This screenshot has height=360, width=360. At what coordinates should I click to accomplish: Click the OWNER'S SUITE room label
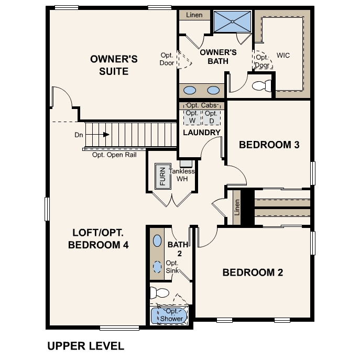[114, 65]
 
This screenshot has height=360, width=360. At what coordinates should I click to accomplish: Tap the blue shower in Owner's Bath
[232, 22]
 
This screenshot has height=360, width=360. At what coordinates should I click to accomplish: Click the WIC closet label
[283, 55]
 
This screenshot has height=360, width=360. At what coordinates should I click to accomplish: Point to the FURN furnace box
[162, 177]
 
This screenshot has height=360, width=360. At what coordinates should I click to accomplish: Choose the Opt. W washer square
[192, 117]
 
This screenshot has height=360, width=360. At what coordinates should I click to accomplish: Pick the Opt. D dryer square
[211, 117]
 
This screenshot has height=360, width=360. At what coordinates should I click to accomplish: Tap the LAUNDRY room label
[202, 133]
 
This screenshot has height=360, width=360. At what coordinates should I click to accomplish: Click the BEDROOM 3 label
[269, 145]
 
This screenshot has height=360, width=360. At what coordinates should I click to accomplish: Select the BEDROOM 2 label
[253, 272]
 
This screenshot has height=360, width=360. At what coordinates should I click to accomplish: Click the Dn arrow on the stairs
[105, 135]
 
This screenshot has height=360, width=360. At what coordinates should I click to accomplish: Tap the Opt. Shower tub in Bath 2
[168, 315]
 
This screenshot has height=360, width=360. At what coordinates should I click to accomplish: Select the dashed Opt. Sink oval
[157, 266]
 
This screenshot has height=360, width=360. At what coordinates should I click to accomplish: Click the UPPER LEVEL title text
[85, 346]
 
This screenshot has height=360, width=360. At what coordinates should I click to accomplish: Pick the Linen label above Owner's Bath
[194, 15]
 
